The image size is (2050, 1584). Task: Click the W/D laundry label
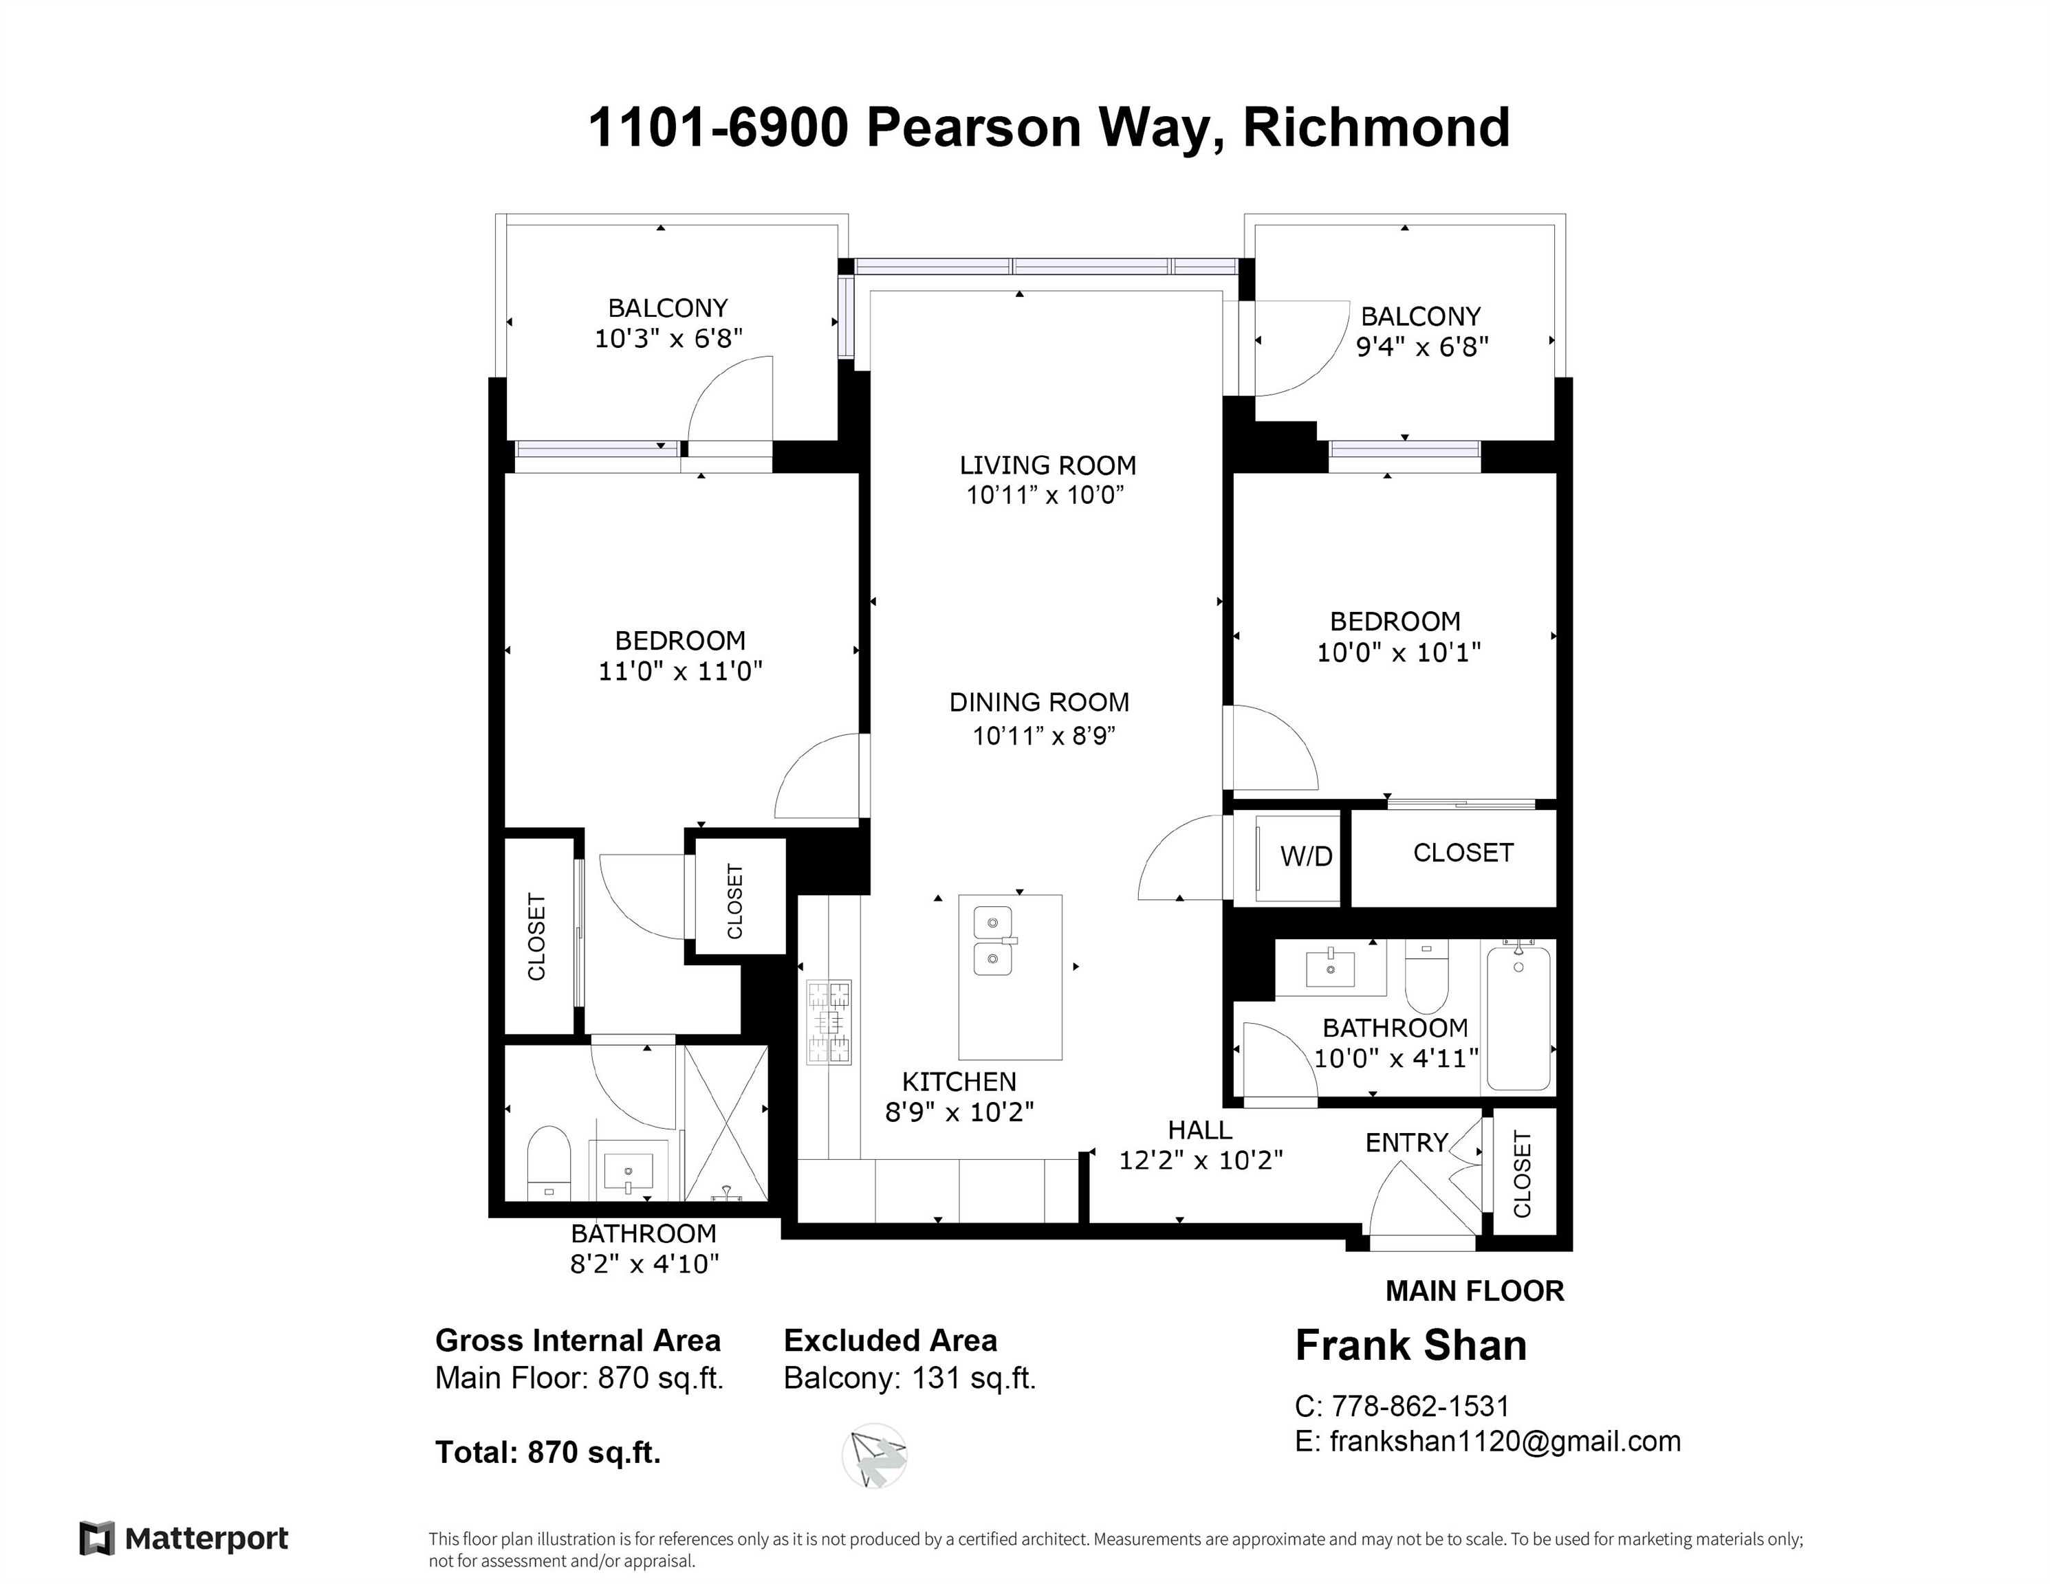[1306, 856]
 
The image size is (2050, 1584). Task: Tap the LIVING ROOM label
[1047, 465]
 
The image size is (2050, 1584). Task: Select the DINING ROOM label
[1039, 702]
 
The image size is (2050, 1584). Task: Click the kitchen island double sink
[992, 940]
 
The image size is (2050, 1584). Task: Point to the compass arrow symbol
[875, 1455]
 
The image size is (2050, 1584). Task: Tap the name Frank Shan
[1410, 1345]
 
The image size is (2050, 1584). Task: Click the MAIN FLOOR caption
[1474, 1291]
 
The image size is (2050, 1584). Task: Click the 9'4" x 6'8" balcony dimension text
[1422, 347]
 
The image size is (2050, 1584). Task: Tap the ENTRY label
[1406, 1142]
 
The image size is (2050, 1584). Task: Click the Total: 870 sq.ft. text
[548, 1453]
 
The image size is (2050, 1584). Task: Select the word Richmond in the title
[1376, 128]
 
